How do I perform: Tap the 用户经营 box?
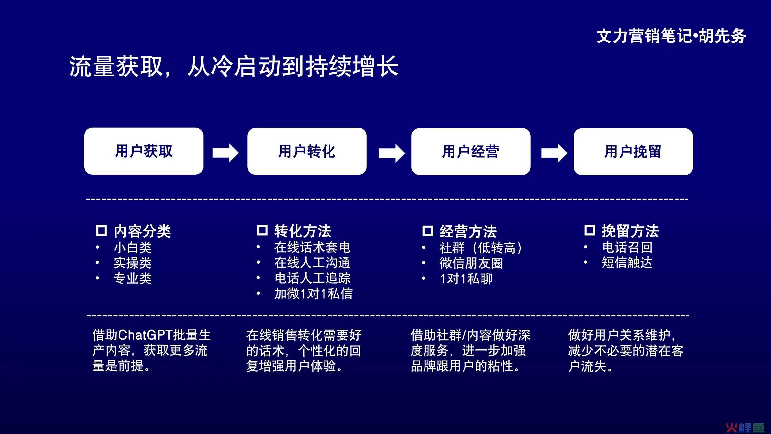(x=471, y=152)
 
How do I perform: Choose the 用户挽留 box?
(x=633, y=152)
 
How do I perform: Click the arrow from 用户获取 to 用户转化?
(x=225, y=153)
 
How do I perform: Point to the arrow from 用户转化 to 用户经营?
(x=392, y=153)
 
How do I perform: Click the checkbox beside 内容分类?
(x=101, y=230)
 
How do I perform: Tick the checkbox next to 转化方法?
(x=262, y=230)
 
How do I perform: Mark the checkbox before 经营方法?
(x=428, y=231)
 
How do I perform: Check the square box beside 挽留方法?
(x=589, y=230)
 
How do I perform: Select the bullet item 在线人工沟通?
(x=312, y=263)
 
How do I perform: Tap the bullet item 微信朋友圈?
(x=471, y=263)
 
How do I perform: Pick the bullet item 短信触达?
(x=627, y=262)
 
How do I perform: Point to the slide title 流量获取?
(x=116, y=66)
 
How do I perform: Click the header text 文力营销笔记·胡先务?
(x=671, y=36)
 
